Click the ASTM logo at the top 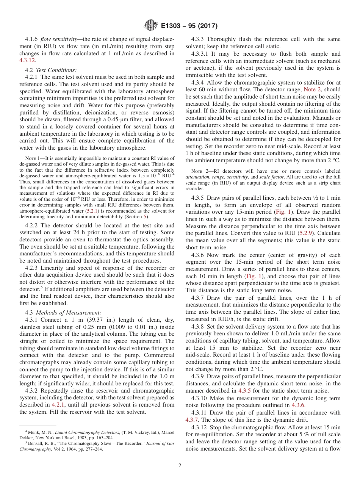pos(150,26)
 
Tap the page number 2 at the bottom pos(180,466)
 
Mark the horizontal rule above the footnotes pos(38,426)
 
